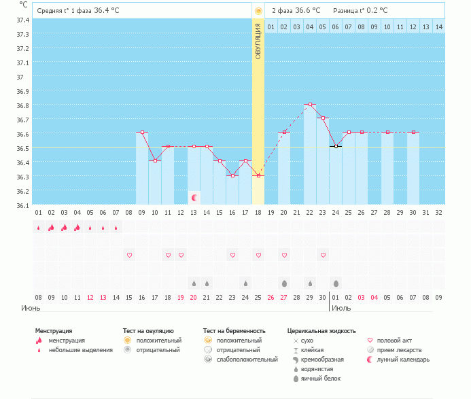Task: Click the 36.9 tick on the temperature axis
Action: [x=22, y=91]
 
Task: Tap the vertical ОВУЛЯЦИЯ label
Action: [x=258, y=41]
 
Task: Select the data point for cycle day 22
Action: [x=310, y=105]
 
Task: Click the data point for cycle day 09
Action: [x=142, y=133]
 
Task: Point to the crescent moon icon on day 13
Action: [x=194, y=197]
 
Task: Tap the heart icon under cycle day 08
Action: [x=129, y=255]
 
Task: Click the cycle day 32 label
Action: [x=438, y=212]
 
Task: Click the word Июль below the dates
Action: [x=342, y=308]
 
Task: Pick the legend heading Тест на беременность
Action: [x=232, y=330]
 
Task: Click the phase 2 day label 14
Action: [x=438, y=27]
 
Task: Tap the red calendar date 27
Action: [x=284, y=297]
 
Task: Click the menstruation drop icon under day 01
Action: [x=39, y=228]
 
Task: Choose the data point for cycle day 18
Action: [x=258, y=175]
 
